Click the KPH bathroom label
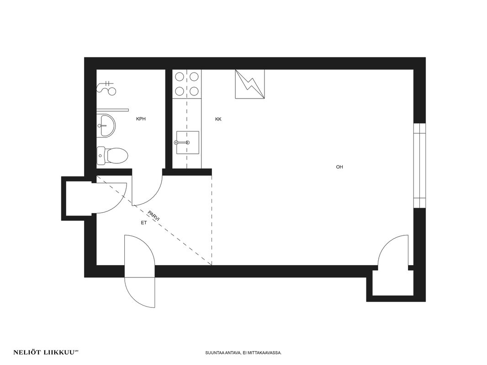141,119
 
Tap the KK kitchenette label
218,119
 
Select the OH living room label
339,167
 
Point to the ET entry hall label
143,223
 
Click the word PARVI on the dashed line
154,216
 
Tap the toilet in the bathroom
112,156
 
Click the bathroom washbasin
106,125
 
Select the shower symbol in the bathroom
106,87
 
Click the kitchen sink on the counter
188,142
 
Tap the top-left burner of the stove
180,76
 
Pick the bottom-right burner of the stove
194,91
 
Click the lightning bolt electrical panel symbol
250,84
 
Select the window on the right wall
419,166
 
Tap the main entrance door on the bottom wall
139,271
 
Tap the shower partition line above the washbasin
112,110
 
